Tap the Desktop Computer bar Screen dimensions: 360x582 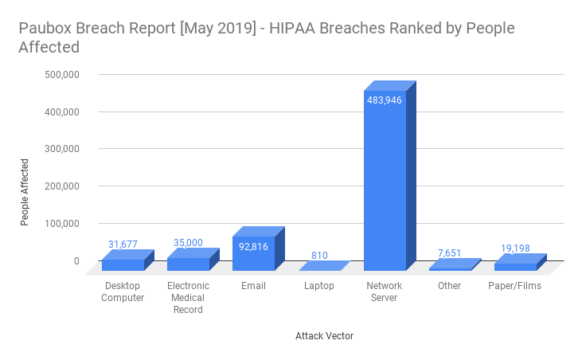point(123,264)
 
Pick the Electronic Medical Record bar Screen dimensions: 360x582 point(188,264)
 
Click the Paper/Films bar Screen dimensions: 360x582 point(515,266)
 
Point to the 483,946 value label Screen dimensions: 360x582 point(385,100)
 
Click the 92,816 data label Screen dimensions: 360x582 point(253,247)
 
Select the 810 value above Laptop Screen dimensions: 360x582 point(319,256)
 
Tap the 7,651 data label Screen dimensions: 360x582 point(450,253)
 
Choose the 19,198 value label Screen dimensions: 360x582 point(515,248)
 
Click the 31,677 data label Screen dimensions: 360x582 point(123,244)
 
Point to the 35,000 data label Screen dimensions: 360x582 point(188,243)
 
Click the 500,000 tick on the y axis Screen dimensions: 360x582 point(61,75)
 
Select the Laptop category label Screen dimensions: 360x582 point(319,286)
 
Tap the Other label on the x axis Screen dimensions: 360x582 point(449,286)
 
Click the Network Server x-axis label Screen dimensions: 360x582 point(385,292)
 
